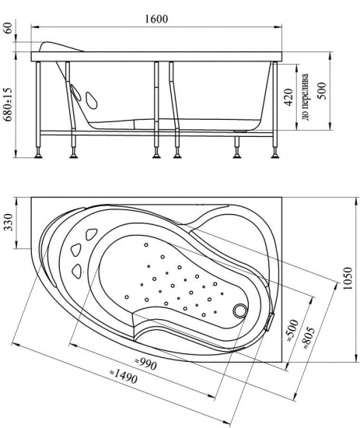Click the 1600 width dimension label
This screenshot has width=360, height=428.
tap(156, 19)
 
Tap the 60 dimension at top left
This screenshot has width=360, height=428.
tap(9, 28)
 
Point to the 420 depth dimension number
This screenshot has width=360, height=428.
tap(288, 97)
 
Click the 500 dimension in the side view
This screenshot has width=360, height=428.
tap(322, 90)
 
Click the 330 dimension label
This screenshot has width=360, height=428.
tap(9, 223)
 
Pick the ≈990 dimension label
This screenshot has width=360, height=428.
tap(146, 364)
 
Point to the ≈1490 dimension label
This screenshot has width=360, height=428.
tap(123, 376)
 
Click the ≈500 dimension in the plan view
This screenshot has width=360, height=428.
tap(292, 331)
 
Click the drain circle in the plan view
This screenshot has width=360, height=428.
tap(240, 310)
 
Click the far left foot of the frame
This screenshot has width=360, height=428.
tap(38, 156)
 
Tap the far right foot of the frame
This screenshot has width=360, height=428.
tap(275, 156)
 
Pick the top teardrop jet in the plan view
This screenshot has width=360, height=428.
tap(92, 234)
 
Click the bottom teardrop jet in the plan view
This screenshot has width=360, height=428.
tap(78, 271)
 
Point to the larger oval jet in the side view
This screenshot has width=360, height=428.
tap(92, 101)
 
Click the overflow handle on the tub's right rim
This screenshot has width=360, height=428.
tap(270, 322)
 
